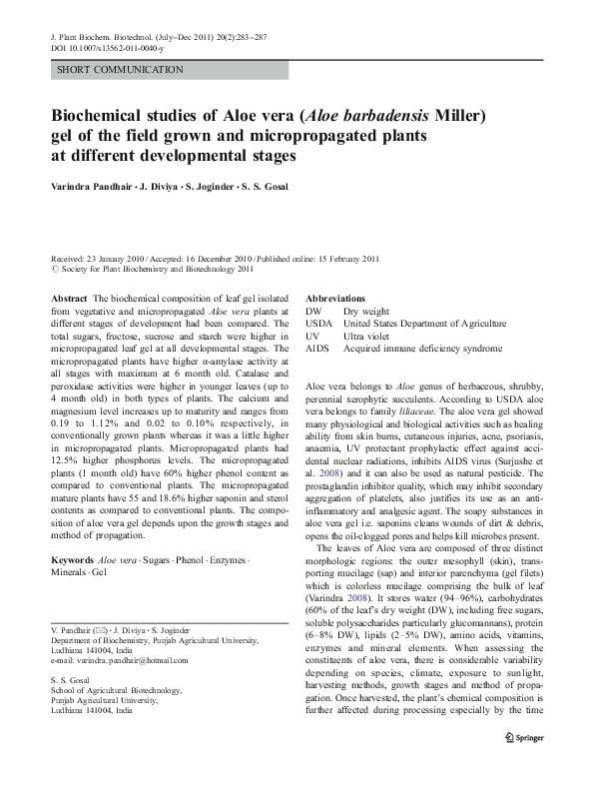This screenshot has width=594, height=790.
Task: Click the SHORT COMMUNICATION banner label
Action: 120,70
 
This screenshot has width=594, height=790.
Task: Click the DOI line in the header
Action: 110,47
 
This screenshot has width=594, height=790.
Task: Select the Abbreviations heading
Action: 334,299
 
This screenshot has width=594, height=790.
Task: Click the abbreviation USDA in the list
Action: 318,324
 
